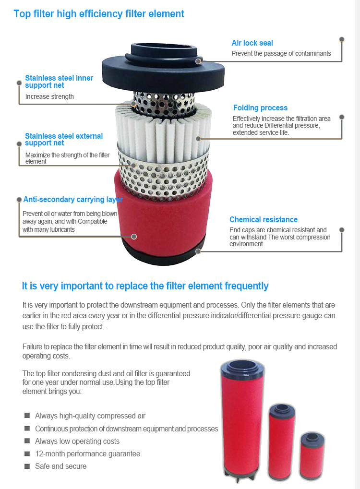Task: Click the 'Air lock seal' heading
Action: coord(252,43)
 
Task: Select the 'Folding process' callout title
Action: coord(260,108)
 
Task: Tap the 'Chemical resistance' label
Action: coord(263,220)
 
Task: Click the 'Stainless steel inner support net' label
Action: coord(59,82)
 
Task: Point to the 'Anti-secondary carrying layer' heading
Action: coord(73,200)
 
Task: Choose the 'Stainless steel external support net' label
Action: coord(63,140)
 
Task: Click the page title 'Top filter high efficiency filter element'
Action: coord(99,14)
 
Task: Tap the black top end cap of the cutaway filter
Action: coord(163,67)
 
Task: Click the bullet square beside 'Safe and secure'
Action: coord(27,466)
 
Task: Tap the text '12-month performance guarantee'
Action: coord(87,454)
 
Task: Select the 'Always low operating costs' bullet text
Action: coord(77,441)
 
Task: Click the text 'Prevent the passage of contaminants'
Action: coord(281,54)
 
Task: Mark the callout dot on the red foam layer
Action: coord(134,237)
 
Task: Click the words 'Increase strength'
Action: coord(49,97)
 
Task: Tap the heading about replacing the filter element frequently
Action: coord(145,286)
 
